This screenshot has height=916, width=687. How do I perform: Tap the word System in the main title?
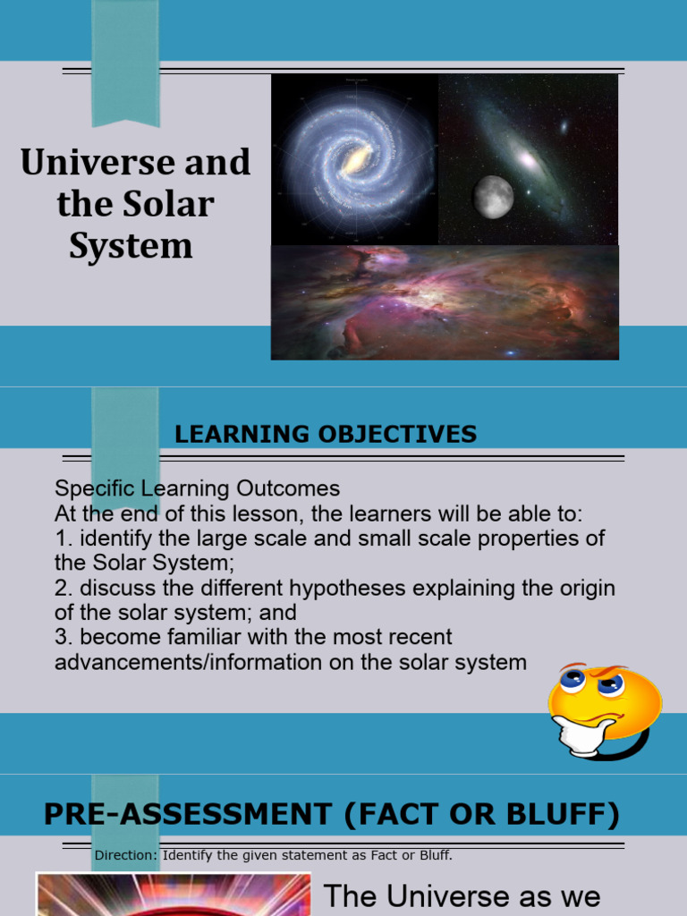click(x=131, y=245)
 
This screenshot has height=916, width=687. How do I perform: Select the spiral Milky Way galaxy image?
click(x=355, y=160)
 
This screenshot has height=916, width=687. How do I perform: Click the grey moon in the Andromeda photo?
click(x=493, y=197)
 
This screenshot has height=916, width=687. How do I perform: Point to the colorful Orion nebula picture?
click(x=445, y=302)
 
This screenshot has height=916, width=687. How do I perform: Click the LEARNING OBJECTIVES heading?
click(x=326, y=435)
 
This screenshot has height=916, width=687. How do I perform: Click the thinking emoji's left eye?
click(x=572, y=679)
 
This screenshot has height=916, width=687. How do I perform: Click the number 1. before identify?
click(x=63, y=539)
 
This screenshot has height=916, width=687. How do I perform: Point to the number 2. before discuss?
click(x=63, y=589)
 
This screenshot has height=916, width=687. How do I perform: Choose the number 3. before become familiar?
click(x=63, y=638)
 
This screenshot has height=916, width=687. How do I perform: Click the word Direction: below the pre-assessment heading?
click(x=125, y=855)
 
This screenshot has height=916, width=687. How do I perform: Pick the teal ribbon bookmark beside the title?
click(x=125, y=63)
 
